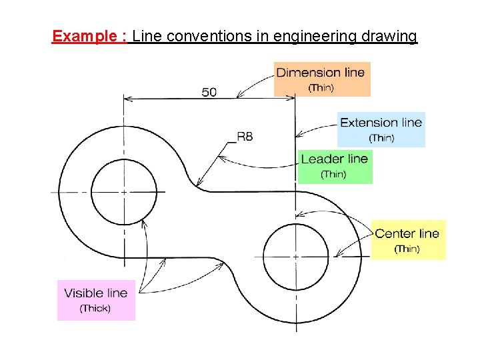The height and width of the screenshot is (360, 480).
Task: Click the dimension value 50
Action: (209, 92)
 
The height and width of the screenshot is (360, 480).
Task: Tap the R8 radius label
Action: (245, 136)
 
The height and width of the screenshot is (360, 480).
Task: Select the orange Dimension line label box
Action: (321, 79)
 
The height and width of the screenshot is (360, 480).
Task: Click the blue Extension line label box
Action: (381, 129)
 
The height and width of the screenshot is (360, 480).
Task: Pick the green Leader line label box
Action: (335, 165)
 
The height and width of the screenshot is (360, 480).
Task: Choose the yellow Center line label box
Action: (407, 240)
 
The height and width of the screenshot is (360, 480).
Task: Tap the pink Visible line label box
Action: (96, 299)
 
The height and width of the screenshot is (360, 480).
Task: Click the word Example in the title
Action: (85, 36)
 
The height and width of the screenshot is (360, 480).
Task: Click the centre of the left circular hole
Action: (123, 192)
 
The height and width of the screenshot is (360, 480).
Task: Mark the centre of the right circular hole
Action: (296, 255)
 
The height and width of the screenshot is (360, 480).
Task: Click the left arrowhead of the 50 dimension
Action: (127, 99)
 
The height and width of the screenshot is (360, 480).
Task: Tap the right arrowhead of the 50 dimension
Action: (292, 99)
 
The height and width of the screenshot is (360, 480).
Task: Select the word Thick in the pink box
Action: (95, 309)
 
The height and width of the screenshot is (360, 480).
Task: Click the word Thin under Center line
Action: (407, 249)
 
